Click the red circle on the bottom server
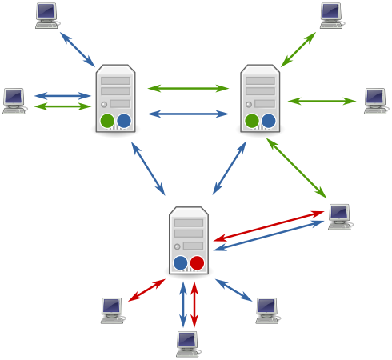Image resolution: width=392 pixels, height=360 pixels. tap(197, 262)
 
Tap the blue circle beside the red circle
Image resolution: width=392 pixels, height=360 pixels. tap(181, 262)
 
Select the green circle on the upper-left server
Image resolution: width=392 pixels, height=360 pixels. tap(107, 121)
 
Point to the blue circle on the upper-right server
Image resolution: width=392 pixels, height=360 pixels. tap(268, 121)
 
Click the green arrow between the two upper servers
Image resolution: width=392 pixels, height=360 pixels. tap(188, 88)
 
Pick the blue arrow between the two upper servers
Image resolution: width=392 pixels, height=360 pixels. tap(188, 114)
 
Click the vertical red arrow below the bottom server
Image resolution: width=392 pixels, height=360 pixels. tap(194, 304)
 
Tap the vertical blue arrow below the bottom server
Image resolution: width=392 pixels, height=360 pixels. tap(183, 304)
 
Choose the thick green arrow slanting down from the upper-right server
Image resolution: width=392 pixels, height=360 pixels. tap(296, 168)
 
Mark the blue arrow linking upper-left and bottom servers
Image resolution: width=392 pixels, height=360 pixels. tap(148, 168)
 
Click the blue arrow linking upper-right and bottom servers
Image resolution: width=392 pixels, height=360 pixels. tap(230, 168)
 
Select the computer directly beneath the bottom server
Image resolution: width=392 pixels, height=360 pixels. tap(187, 343)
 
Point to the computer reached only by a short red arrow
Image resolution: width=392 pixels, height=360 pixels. tap(112, 309)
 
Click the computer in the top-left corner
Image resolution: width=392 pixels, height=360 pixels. tap(46, 14)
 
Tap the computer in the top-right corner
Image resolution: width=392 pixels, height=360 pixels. tap(331, 14)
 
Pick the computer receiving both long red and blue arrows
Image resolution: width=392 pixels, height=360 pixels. tap(339, 215)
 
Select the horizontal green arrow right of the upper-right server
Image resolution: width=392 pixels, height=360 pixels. tap(322, 101)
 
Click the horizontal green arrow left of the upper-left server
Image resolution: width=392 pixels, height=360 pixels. tap(63, 106)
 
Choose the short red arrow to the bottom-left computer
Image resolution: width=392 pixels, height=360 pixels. tap(146, 290)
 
